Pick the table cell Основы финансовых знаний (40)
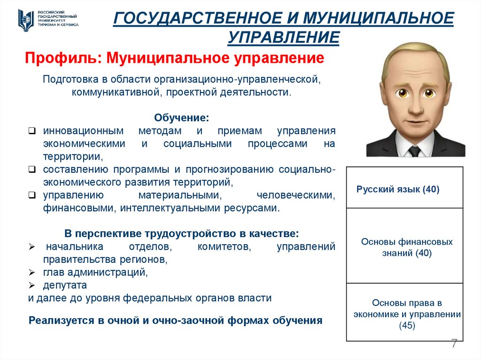[x=407, y=247]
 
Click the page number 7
[x=454, y=343]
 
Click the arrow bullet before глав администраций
[x=31, y=272]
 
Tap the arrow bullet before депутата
[x=31, y=285]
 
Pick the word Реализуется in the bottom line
[x=61, y=321]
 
